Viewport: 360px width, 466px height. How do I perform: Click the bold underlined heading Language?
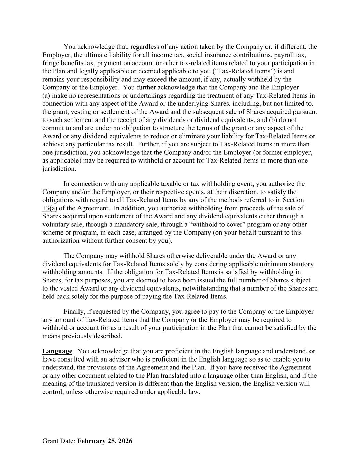pyautogui.click(x=57, y=351)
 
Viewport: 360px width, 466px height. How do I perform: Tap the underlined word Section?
pyautogui.click(x=293, y=200)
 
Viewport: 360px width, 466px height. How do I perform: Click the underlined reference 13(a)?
pyautogui.click(x=49, y=208)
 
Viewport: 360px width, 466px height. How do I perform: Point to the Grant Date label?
pyautogui.click(x=59, y=441)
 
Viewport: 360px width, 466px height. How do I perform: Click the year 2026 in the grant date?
pyautogui.click(x=125, y=441)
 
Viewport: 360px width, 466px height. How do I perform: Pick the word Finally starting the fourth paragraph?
pyautogui.click(x=74, y=312)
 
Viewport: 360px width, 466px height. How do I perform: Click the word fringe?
pyautogui.click(x=51, y=63)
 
